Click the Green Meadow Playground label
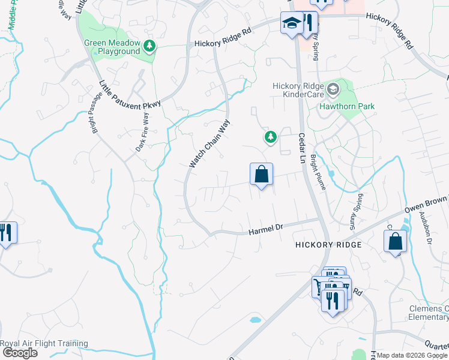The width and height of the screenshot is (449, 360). pos(112,47)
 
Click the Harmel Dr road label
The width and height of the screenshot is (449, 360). pos(265,229)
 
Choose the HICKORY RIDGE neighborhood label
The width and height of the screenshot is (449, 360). pos(328,245)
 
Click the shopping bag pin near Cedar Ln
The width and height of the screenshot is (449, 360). pos(261,175)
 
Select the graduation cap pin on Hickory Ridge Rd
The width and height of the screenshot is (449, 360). pos(292,24)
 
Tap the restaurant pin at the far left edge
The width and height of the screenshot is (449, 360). pos(6,232)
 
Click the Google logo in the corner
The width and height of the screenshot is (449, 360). pos(19,353)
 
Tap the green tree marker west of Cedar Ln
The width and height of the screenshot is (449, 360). pos(271,138)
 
